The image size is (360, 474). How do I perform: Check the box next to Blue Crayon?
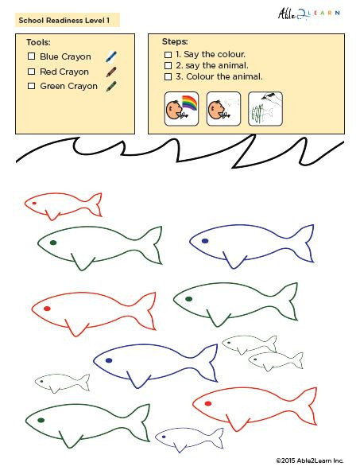point(31,56)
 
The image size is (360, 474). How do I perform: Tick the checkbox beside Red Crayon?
point(31,72)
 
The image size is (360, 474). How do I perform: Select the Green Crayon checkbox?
point(31,86)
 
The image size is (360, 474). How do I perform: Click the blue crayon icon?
point(111,56)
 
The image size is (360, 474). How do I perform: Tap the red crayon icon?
point(111,72)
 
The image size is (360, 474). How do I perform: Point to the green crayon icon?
point(111,86)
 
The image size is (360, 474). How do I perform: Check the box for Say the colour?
point(168,54)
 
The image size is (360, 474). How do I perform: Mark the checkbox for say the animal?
point(168,65)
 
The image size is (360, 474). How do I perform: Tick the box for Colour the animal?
point(168,76)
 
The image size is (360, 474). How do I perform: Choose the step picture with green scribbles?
point(265,109)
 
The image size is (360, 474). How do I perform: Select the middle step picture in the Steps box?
point(223,109)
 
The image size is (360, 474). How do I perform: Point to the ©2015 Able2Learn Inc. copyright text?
point(310,460)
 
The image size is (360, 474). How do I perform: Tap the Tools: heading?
point(38,42)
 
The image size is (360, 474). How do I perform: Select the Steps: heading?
point(175,41)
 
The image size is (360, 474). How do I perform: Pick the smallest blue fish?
point(188,437)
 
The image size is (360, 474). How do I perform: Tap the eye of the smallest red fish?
point(34,203)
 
